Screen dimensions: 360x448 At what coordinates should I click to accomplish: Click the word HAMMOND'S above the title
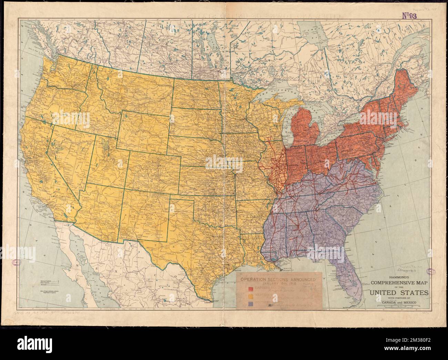pyautogui.click(x=400, y=277)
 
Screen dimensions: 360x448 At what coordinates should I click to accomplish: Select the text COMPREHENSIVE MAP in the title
pyautogui.click(x=400, y=283)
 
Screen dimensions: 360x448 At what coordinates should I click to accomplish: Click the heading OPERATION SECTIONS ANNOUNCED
pyautogui.click(x=278, y=280)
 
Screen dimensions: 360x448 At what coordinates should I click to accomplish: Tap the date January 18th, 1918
pyautogui.click(x=278, y=284)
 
